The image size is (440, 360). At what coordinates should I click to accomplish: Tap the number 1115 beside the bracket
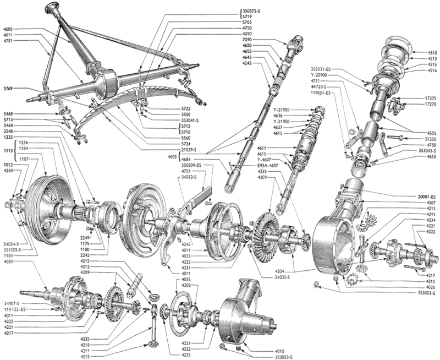pos(7,150)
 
